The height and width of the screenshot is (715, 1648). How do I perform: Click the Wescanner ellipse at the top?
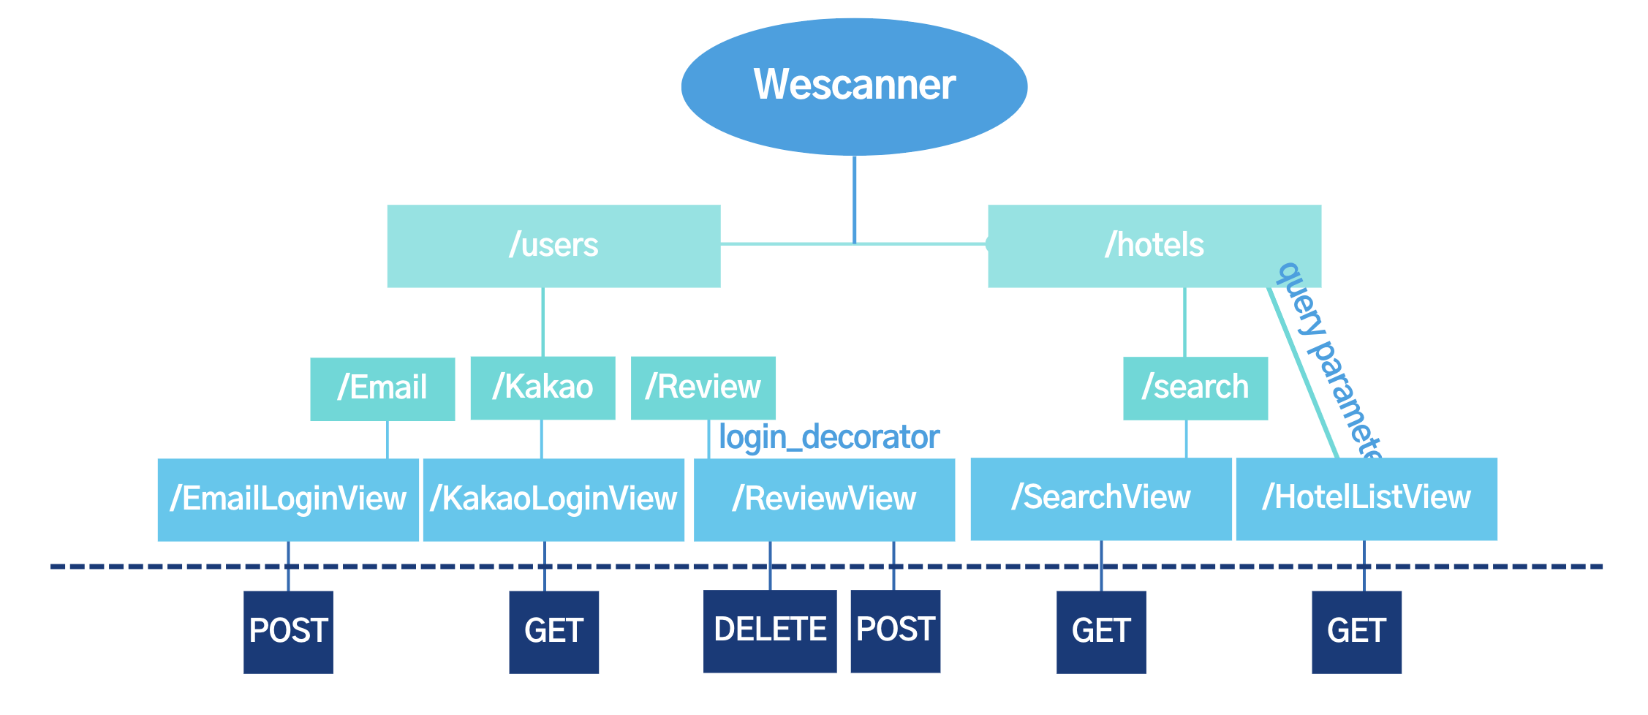[x=854, y=86]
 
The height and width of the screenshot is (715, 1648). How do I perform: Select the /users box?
[x=553, y=246]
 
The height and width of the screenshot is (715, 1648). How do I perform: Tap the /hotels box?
[x=1154, y=246]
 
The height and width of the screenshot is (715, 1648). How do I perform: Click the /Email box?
[x=382, y=388]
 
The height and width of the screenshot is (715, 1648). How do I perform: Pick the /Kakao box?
[x=543, y=387]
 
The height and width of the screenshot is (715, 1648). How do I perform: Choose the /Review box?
[x=703, y=387]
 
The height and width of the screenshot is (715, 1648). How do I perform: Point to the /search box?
[x=1195, y=387]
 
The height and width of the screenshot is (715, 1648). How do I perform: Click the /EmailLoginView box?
[x=288, y=499]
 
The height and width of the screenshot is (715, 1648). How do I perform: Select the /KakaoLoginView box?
[x=553, y=499]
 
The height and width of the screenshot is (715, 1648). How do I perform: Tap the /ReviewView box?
[x=824, y=499]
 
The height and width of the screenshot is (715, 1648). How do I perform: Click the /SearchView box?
[x=1100, y=499]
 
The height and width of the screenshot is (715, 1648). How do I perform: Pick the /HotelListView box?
[x=1366, y=499]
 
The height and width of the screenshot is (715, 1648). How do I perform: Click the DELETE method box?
[x=769, y=630]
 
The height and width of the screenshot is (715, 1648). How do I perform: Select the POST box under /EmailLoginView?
[x=288, y=632]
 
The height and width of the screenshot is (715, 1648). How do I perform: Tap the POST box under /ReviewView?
[x=895, y=630]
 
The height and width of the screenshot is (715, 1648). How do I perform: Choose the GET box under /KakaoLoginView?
[x=553, y=632]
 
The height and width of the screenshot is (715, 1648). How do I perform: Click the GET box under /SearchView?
[x=1100, y=632]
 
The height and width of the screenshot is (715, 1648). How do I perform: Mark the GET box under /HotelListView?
[x=1356, y=632]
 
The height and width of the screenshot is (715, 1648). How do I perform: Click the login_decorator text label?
[x=828, y=437]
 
